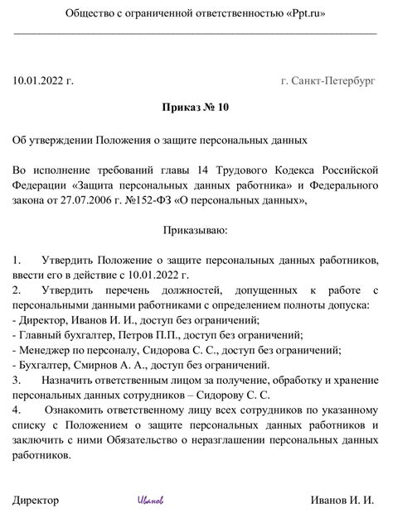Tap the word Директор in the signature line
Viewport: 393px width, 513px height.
(x=36, y=501)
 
